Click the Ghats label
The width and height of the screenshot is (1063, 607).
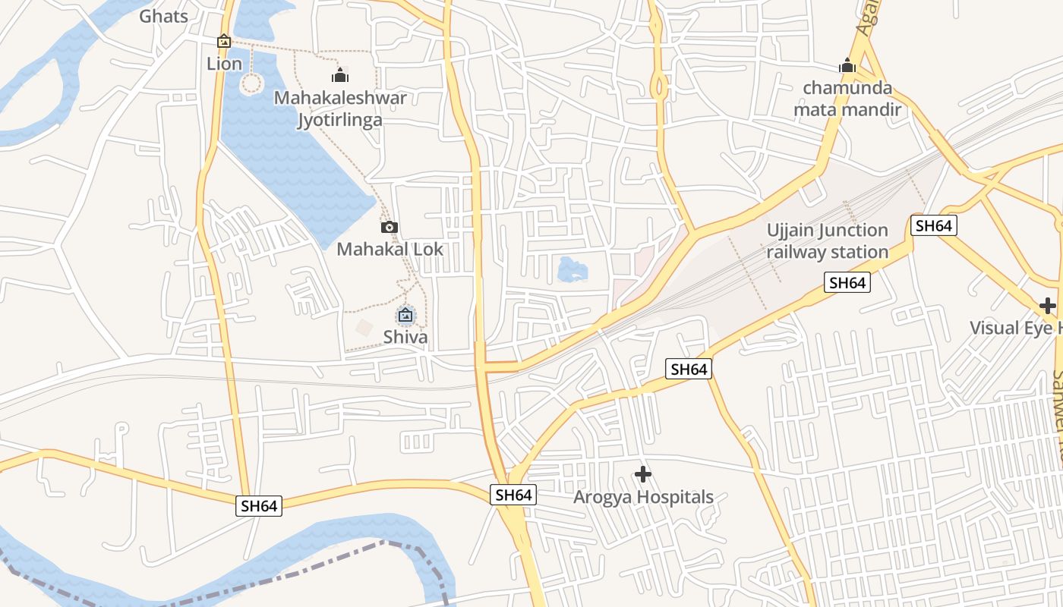click(163, 16)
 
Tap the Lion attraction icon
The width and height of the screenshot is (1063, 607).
click(224, 42)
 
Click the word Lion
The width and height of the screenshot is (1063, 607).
click(224, 64)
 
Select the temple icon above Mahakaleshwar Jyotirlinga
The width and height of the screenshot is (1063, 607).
click(340, 75)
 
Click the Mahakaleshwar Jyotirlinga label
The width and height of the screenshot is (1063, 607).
click(340, 109)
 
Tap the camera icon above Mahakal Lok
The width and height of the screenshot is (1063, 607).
click(389, 227)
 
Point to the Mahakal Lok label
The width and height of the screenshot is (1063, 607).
click(390, 249)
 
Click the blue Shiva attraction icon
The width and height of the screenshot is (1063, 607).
click(405, 315)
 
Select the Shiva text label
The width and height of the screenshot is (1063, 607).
click(405, 337)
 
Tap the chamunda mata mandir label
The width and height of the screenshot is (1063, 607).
click(847, 99)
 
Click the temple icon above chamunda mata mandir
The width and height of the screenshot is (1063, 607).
click(847, 66)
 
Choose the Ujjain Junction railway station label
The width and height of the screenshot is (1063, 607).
click(827, 241)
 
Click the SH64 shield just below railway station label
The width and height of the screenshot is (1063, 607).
click(847, 283)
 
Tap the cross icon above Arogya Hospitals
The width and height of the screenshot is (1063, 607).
click(643, 475)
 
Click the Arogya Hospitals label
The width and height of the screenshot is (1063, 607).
click(643, 497)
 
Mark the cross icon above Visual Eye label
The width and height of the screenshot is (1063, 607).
click(1048, 306)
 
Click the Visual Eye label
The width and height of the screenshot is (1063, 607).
click(1016, 328)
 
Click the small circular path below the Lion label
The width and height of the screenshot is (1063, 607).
click(251, 83)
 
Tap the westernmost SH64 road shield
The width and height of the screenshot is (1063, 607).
click(259, 506)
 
